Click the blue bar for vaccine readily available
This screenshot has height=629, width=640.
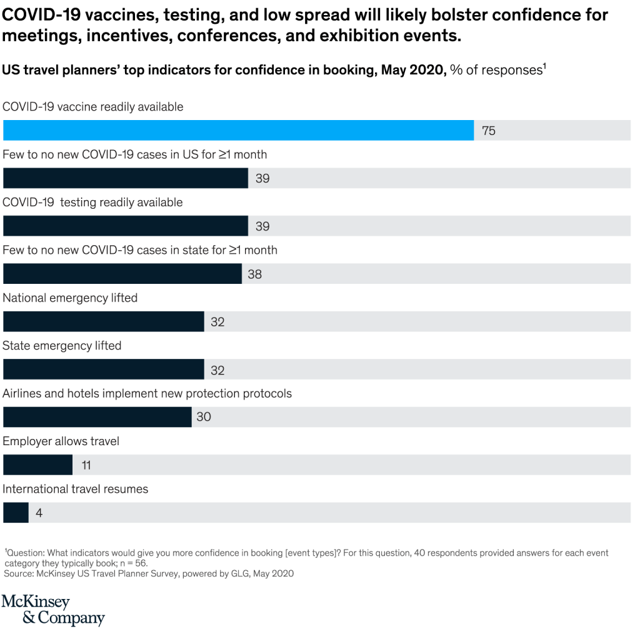pos(238,130)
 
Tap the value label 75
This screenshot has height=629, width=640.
pos(489,131)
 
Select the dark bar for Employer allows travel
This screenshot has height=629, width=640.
pos(38,465)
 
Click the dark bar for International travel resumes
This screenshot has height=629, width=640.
pos(16,513)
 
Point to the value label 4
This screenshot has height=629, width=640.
pos(39,513)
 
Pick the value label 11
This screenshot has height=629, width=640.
pos(86,466)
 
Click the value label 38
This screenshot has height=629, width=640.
pos(254,274)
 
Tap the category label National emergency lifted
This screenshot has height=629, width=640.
pos(70,298)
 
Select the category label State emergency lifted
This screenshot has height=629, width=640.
pos(62,346)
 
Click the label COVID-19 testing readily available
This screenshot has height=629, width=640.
pos(92,202)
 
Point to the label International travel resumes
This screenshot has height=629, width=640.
pos(75,489)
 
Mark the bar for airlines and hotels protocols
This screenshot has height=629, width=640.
pos(97,417)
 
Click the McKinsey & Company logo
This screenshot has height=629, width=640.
pos(53,610)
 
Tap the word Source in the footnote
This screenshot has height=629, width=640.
pos(19,573)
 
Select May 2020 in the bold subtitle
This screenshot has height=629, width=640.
pos(412,70)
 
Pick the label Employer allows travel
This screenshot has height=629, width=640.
pos(61,441)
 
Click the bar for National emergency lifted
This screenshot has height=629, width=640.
pos(104,321)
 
